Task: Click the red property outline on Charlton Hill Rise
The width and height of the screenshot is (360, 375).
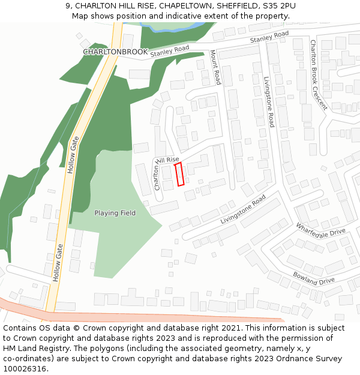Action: point(179,175)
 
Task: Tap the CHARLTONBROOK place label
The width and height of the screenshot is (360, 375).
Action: point(115,52)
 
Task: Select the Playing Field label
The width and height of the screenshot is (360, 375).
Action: point(115,213)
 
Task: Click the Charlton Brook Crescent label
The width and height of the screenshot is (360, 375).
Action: point(318,74)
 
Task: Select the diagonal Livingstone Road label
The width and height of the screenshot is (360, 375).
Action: point(243,209)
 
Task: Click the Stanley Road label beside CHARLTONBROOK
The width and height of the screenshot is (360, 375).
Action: point(170,52)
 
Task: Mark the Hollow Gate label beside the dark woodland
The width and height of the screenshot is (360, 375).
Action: point(74,155)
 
